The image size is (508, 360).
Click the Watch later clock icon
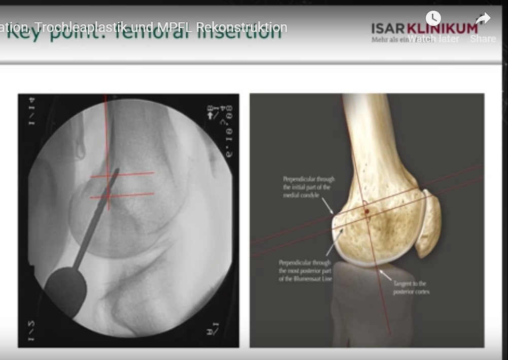click(433, 19)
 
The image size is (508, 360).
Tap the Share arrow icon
click(483, 19)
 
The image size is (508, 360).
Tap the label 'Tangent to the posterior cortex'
click(410, 287)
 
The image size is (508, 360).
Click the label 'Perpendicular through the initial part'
click(309, 187)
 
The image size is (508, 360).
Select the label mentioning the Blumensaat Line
click(304, 271)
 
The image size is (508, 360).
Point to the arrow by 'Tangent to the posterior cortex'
click(386, 275)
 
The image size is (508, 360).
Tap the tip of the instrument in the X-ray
click(117, 172)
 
